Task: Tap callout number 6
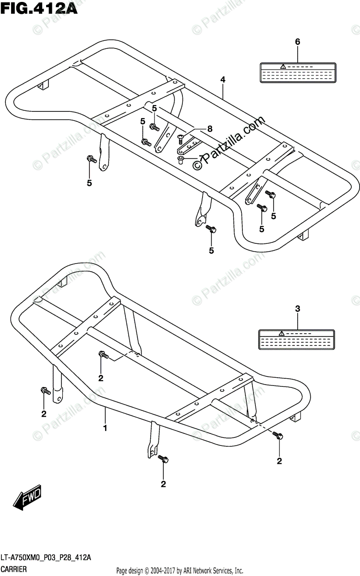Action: pyautogui.click(x=297, y=42)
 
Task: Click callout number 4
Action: pyautogui.click(x=223, y=79)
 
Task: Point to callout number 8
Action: pyautogui.click(x=209, y=129)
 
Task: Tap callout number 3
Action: pyautogui.click(x=297, y=309)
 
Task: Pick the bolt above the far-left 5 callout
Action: pyautogui.click(x=90, y=159)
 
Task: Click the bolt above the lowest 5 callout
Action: pyautogui.click(x=211, y=229)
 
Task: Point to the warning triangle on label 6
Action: pyautogui.click(x=284, y=65)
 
